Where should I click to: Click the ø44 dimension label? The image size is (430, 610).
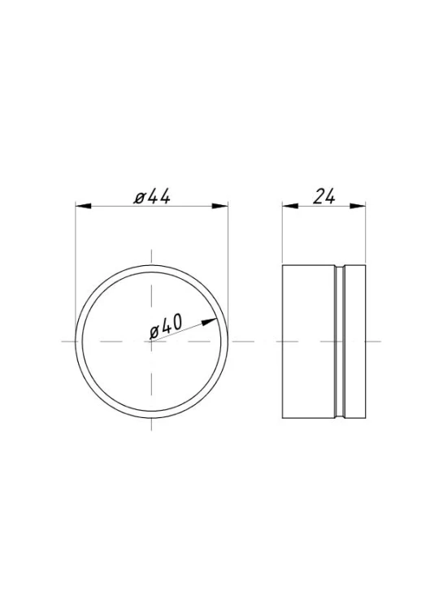coord(152,197)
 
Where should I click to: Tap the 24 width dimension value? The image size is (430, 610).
coord(324,197)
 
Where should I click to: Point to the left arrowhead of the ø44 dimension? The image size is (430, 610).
coord(83,207)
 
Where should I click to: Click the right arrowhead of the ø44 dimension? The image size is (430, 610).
coord(219,207)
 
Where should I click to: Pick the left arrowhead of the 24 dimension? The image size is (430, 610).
coord(290,207)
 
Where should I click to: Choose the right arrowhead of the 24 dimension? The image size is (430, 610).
coord(358,207)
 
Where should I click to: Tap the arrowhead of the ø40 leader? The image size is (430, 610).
coord(210,322)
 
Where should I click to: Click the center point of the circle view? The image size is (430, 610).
coord(151,342)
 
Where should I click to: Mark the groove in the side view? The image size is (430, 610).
coord(340,342)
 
